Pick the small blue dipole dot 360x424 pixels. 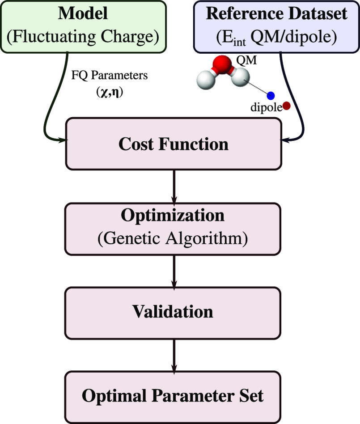(271, 95)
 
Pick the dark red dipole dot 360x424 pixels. (287, 106)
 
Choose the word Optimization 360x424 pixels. (173, 216)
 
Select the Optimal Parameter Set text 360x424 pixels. (173, 396)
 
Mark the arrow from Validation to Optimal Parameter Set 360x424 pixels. (174, 353)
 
